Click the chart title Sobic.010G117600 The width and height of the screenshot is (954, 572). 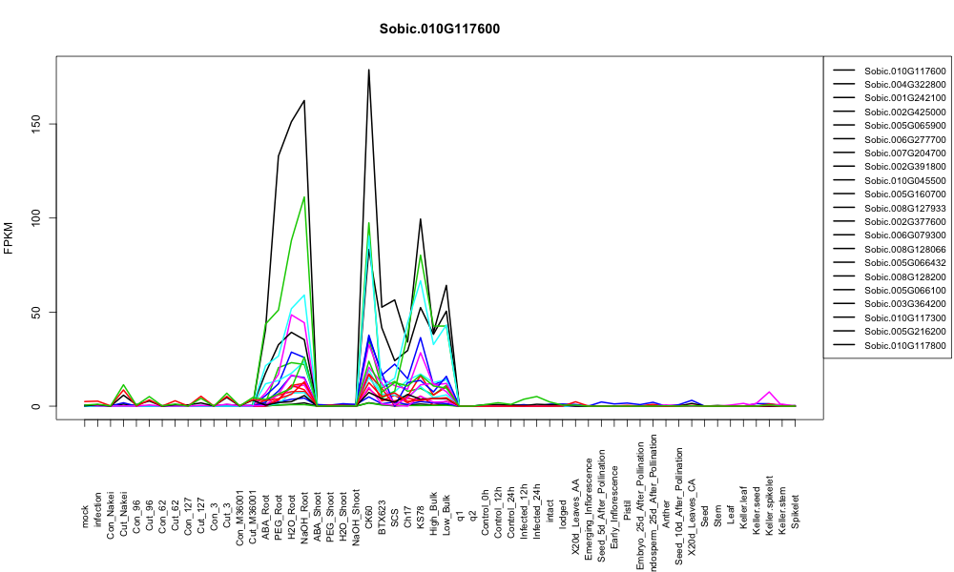click(439, 30)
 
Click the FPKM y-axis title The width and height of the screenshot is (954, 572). click(9, 238)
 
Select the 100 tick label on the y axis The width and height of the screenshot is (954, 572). click(36, 217)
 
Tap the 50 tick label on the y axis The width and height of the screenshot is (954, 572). click(36, 312)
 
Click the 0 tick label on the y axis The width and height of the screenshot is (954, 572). click(36, 406)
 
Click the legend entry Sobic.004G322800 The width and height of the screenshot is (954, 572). click(904, 85)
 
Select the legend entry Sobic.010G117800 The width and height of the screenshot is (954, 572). click(904, 345)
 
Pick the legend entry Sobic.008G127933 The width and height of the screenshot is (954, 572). click(904, 208)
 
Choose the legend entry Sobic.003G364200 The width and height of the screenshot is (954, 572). click(904, 304)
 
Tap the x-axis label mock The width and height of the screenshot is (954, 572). click(85, 517)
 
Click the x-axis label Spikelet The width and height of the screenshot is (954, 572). click(796, 511)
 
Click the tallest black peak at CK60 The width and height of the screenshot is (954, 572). click(368, 70)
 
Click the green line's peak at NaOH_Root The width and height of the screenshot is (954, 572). click(303, 197)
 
